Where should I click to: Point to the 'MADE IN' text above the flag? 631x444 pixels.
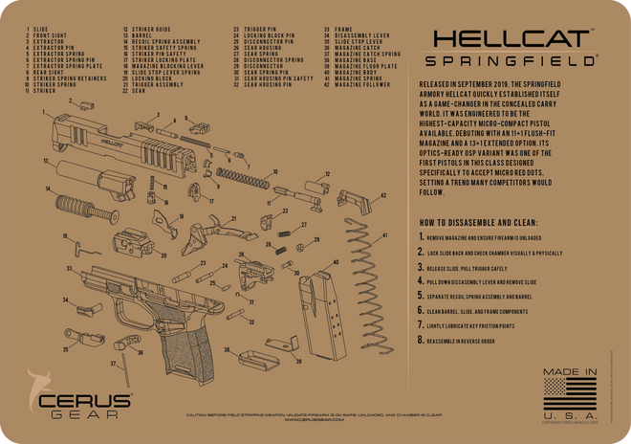[x=570, y=370]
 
